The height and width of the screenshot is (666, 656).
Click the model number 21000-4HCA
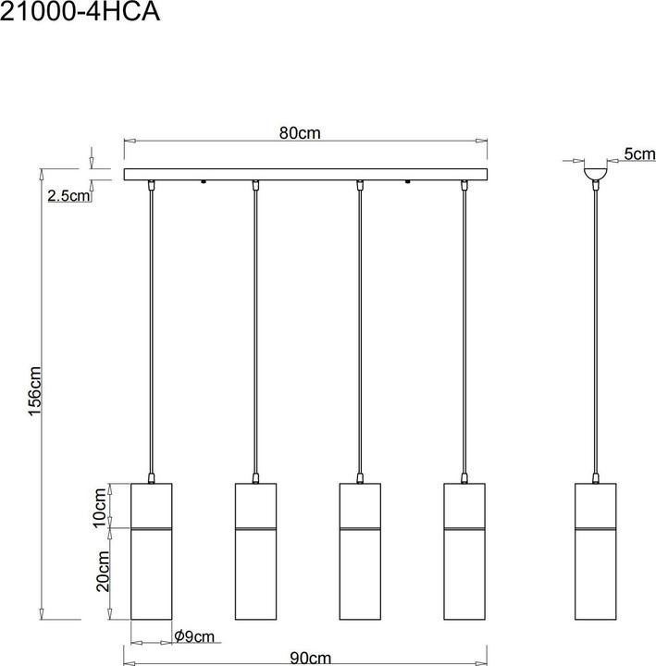click(80, 12)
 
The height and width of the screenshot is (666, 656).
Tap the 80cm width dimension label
click(300, 133)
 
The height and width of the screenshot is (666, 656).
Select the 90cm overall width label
click(311, 659)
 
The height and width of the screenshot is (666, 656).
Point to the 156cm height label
click(34, 391)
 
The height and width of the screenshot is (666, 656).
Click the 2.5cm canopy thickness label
click(68, 196)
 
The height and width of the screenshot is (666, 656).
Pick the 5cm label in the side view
click(640, 154)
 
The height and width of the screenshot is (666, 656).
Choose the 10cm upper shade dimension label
click(99, 508)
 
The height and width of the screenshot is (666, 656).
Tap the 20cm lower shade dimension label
click(104, 572)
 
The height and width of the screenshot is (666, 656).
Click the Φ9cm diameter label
click(194, 636)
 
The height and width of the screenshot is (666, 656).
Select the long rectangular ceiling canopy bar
click(305, 174)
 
